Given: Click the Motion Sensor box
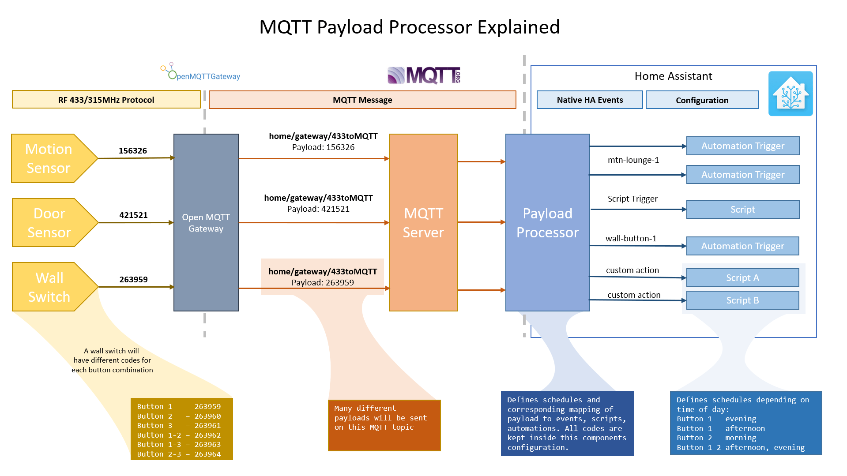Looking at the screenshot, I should (49, 158).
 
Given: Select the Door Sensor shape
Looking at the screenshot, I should (49, 223).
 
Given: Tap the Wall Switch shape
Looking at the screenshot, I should (49, 287).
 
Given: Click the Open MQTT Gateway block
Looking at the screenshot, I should (206, 223).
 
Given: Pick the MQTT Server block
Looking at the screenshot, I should (423, 223).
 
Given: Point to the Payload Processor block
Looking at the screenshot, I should (547, 223).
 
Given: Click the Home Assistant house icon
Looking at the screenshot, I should (790, 94).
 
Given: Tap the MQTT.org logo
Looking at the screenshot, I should (424, 75).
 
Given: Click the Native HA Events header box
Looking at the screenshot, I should (590, 100).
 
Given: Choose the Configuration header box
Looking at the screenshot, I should (702, 100).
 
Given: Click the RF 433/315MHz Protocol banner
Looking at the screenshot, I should (106, 100).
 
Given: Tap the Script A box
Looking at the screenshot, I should (742, 278).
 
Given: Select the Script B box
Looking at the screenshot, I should (742, 300).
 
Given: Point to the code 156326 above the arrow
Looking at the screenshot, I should (132, 151).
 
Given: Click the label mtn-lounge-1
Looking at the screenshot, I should (633, 160).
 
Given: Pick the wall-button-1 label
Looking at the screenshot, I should (631, 239).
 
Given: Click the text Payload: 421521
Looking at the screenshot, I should (318, 209).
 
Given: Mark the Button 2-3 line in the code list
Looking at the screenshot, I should (179, 454).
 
